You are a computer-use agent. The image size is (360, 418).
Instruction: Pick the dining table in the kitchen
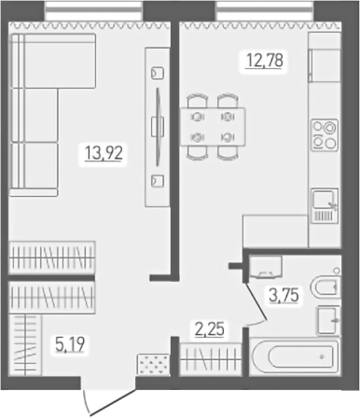(x=213, y=123)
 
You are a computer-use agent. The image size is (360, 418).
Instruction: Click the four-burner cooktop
(x=324, y=134)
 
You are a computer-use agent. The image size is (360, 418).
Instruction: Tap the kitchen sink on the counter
(x=324, y=202)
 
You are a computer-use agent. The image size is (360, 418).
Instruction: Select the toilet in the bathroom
(x=328, y=286)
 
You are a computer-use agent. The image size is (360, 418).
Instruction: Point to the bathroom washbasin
(x=329, y=319)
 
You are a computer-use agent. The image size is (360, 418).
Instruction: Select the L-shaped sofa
(x=47, y=112)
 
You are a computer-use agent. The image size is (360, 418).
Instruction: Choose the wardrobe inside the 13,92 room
(x=53, y=255)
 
